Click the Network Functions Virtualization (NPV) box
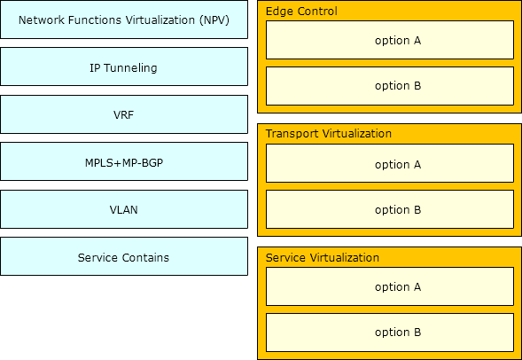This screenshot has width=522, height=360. tap(124, 20)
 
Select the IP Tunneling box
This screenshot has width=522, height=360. tap(124, 67)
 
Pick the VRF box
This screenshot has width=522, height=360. tap(124, 114)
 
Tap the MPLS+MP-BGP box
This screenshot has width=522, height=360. tap(124, 161)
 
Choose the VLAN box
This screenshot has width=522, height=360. tap(124, 209)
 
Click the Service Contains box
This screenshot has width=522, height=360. tap(124, 256)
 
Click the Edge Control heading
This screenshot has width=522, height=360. tap(301, 12)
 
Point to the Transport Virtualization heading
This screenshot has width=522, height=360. tap(329, 134)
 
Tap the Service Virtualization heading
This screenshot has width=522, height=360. tap(323, 257)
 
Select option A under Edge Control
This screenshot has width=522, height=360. tap(390, 40)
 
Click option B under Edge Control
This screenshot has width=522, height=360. tap(390, 86)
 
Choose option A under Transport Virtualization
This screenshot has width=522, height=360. tap(390, 163)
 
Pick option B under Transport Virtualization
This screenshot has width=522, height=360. tap(390, 209)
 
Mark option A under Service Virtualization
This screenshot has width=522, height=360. tap(390, 286)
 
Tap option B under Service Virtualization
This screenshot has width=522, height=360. tap(390, 333)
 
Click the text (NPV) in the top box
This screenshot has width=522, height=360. tap(214, 20)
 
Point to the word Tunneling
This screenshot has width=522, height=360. tap(130, 68)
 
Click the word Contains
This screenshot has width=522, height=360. tap(145, 257)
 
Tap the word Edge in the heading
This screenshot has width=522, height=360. tap(279, 12)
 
